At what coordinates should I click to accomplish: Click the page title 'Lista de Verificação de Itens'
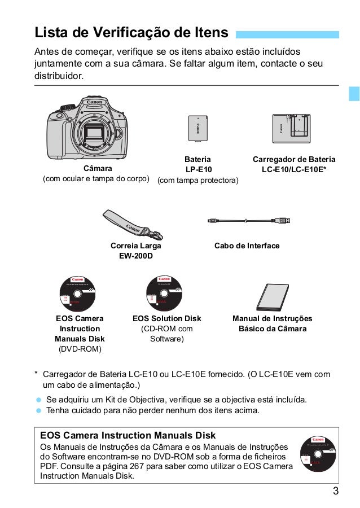[131, 31]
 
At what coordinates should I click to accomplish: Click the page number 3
[336, 490]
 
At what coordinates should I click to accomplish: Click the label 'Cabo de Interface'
[247, 247]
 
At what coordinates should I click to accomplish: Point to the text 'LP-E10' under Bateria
[198, 169]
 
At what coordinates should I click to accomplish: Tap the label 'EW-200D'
[135, 257]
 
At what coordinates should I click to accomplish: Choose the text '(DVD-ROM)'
[79, 349]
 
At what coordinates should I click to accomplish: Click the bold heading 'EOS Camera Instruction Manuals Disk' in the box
[128, 435]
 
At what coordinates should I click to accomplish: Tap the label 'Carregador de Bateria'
[293, 159]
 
